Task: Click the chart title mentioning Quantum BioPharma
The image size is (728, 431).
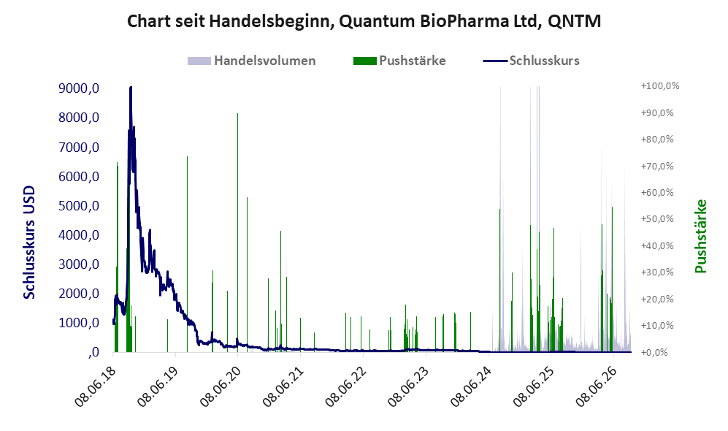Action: (x=364, y=21)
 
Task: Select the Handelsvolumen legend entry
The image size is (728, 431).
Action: (x=251, y=61)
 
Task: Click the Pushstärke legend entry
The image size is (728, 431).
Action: (x=399, y=61)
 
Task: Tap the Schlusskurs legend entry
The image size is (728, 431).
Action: (x=531, y=61)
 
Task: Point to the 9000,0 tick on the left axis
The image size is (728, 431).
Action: (x=79, y=88)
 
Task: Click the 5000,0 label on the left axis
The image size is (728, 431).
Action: (x=79, y=206)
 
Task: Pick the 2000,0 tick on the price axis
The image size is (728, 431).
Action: (x=79, y=294)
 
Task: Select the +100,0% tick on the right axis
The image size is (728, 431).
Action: (x=660, y=86)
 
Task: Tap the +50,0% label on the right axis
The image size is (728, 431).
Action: (x=657, y=218)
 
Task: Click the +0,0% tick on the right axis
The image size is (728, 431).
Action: (x=655, y=352)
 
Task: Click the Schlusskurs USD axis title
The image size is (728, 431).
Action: (x=29, y=243)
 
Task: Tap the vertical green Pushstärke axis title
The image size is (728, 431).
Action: (x=700, y=237)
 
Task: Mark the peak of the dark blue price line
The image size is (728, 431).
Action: (x=131, y=87)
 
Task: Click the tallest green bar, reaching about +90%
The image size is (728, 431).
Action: (x=238, y=232)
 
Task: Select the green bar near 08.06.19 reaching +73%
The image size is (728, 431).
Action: (x=188, y=254)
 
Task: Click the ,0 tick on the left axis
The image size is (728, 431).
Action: (x=93, y=352)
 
